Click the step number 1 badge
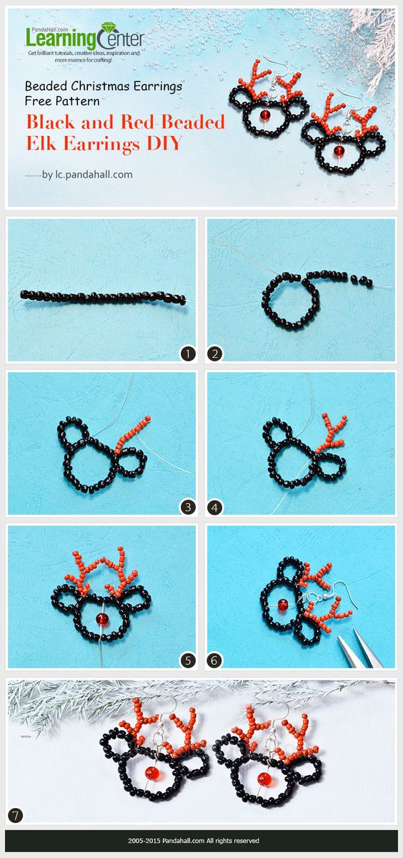188,354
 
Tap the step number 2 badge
214,354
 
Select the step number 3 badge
188,507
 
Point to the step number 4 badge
214,507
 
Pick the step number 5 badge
188,660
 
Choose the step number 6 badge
214,660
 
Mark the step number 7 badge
15,816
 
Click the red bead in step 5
101,619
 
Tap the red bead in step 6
283,605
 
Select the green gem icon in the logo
109,29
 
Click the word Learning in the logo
61,39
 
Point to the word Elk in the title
41,143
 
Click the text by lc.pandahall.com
87,175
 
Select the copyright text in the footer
194,841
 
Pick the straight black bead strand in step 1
103,297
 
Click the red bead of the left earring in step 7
151,773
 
